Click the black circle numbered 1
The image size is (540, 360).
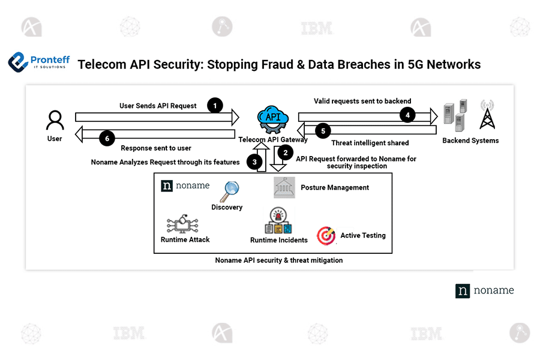[214, 106]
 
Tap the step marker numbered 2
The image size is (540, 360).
[286, 152]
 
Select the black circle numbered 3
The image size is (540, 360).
[254, 161]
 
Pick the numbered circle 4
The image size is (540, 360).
[408, 115]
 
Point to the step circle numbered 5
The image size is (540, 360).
[322, 130]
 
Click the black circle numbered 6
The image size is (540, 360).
[107, 139]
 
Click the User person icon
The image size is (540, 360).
[55, 120]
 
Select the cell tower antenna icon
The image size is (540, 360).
[487, 115]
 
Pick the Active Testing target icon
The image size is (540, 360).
[326, 236]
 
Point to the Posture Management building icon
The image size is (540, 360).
[284, 187]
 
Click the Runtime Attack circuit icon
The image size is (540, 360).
[184, 224]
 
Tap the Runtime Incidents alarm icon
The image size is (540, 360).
[278, 221]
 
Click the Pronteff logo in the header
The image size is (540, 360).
[39, 62]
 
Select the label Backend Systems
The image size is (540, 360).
[470, 141]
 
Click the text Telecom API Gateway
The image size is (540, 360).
[273, 140]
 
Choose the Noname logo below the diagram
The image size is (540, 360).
[484, 290]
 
